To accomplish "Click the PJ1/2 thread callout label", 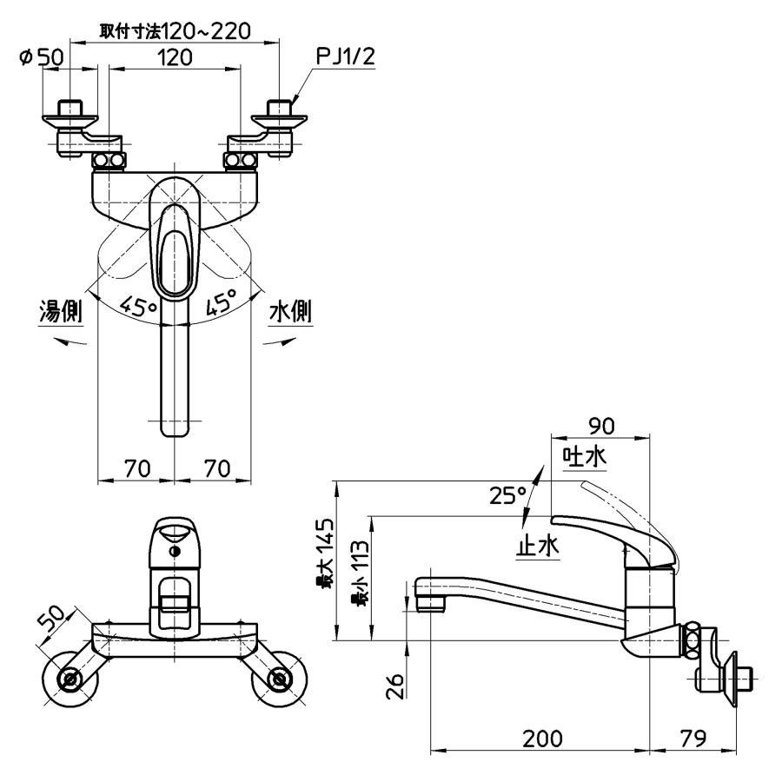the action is (x=346, y=56).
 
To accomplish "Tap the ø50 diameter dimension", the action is (x=42, y=57).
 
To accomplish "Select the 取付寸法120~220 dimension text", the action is (x=175, y=31).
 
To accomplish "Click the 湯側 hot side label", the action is (x=60, y=312).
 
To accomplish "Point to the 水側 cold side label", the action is (x=291, y=312).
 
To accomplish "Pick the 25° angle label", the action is (x=507, y=495).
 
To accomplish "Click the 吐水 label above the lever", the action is (x=585, y=456).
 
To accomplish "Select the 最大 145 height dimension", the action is (x=325, y=553).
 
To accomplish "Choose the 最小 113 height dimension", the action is (x=360, y=574).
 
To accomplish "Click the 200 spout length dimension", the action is (x=542, y=738).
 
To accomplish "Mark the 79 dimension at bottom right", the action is (x=693, y=738).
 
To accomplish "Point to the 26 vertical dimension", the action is (x=395, y=686).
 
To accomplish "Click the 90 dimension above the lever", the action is (x=601, y=426).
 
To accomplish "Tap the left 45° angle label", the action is (x=139, y=305).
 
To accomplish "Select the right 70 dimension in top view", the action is (x=217, y=468).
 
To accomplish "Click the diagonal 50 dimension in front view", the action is (x=52, y=620).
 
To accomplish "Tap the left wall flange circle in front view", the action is (x=70, y=679).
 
